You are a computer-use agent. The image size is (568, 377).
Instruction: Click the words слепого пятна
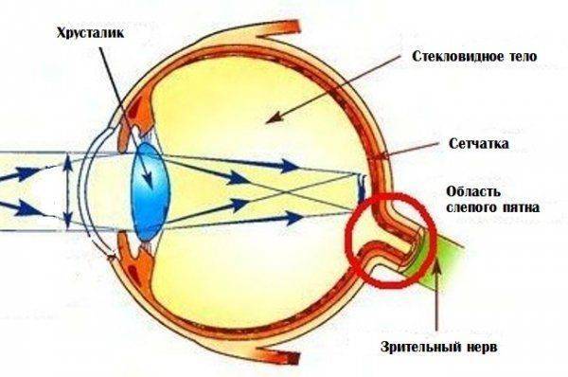(479, 204)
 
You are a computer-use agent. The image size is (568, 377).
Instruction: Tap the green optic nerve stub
(444, 260)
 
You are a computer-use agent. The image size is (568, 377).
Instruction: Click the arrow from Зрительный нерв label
(437, 294)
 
